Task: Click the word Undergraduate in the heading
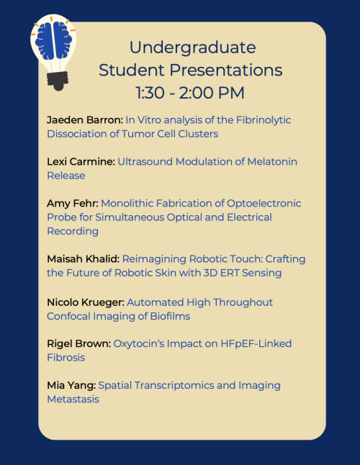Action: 192,48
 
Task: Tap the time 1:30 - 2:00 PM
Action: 190,93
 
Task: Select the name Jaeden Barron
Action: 85,119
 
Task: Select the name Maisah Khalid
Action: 83,259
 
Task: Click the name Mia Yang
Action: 71,386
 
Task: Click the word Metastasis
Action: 73,399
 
